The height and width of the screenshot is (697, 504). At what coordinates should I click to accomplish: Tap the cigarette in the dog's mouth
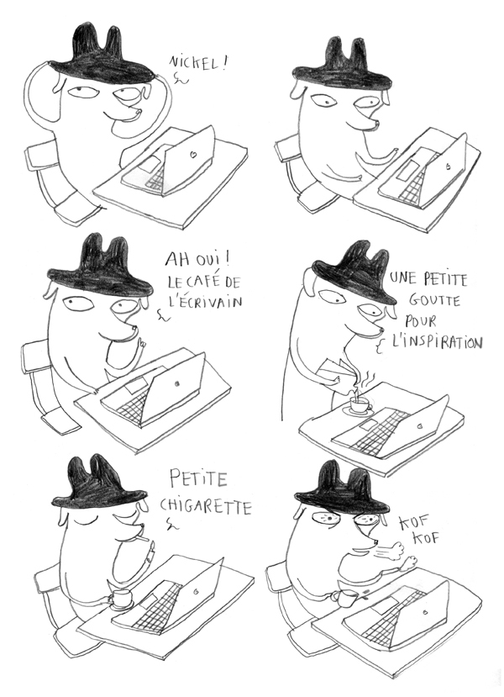[144, 533]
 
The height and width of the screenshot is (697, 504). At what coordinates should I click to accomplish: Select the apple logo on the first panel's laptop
[192, 155]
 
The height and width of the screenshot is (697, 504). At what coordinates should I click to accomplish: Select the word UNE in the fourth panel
[406, 280]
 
